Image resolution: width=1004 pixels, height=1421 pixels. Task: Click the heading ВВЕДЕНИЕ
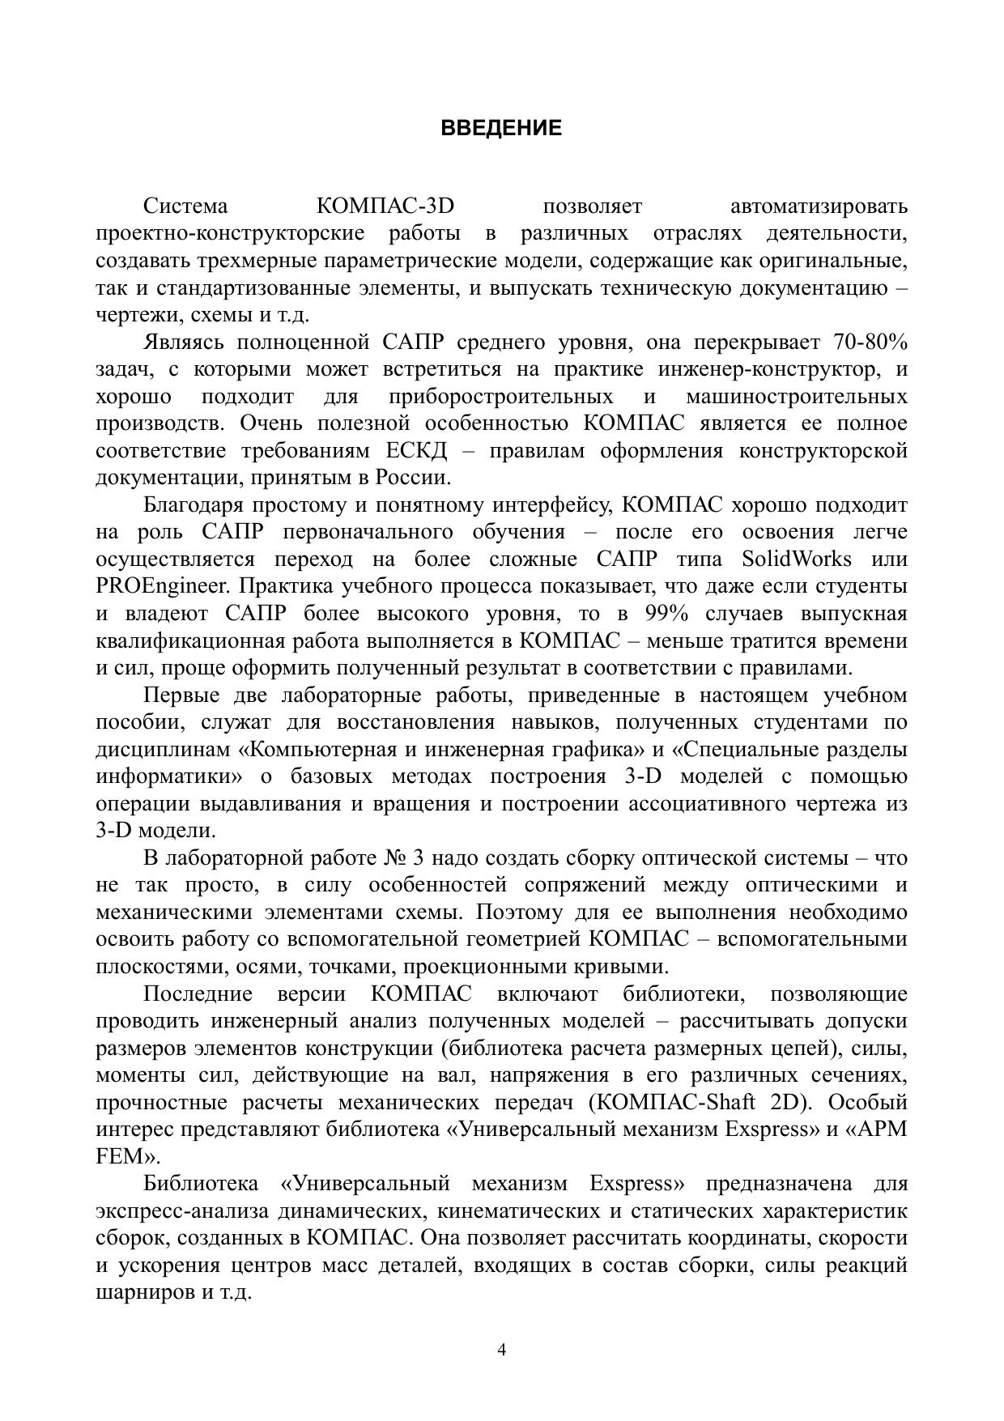[501, 128]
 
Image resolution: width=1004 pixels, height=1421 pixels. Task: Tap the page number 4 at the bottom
[501, 1349]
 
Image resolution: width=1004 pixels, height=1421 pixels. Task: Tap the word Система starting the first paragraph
[185, 206]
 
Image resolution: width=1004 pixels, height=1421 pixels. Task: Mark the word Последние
[198, 993]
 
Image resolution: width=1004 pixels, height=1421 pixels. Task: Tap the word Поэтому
[517, 913]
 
